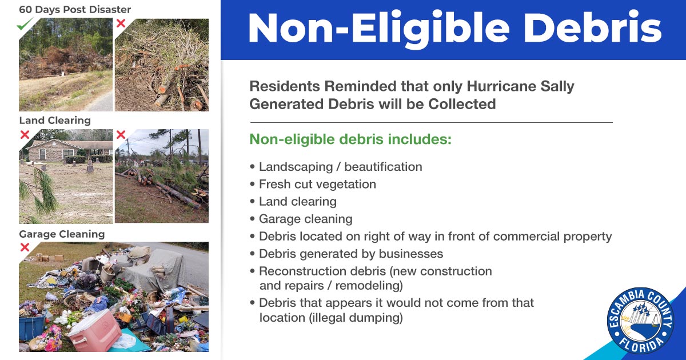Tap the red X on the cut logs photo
121,23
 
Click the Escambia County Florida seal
640,321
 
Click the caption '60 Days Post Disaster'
75,10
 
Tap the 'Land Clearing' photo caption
55,121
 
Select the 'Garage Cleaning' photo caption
62,234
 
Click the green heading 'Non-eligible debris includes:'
350,140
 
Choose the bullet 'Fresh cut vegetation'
317,184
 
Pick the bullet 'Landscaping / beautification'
340,167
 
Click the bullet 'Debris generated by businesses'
351,253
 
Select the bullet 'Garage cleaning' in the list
305,219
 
